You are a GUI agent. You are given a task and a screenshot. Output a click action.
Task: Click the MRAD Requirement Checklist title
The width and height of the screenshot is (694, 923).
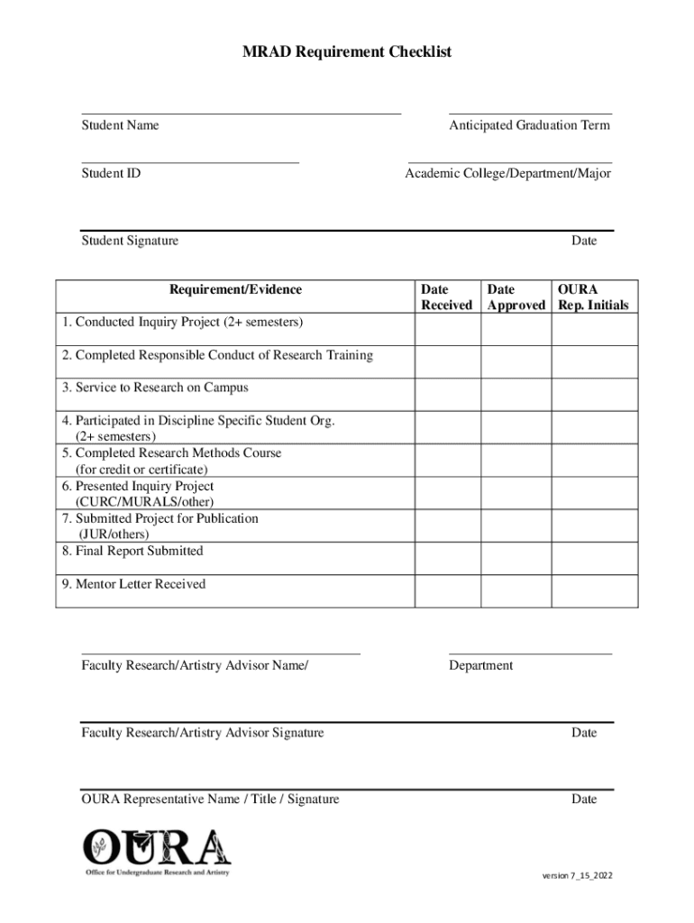click(x=347, y=52)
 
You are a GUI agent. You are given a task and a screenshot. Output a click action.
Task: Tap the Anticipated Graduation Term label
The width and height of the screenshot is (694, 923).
click(x=529, y=125)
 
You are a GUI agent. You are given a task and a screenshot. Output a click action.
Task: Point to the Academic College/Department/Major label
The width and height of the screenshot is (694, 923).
click(x=507, y=173)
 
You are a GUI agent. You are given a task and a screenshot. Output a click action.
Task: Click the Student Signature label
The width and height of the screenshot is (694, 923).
click(x=130, y=241)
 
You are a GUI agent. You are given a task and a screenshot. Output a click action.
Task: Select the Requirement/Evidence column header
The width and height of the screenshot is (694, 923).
click(x=235, y=289)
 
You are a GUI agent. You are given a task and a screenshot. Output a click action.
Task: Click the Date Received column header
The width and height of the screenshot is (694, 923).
click(x=446, y=297)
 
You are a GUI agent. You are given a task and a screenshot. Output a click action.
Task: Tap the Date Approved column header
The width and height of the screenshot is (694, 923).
click(x=516, y=297)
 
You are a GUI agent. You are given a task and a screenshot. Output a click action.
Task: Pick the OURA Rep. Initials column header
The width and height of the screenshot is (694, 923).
click(x=593, y=297)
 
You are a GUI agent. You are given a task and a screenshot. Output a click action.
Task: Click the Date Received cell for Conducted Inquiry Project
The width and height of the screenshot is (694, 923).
click(x=447, y=330)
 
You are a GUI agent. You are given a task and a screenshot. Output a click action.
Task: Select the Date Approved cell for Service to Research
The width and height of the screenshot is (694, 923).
click(x=516, y=395)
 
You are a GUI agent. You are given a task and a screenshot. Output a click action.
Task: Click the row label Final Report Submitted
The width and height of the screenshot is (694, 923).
click(x=132, y=551)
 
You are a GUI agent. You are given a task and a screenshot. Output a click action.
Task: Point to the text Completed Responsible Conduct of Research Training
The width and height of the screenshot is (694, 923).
click(x=217, y=355)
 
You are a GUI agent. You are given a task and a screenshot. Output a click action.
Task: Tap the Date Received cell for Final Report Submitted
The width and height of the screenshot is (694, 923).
click(x=447, y=558)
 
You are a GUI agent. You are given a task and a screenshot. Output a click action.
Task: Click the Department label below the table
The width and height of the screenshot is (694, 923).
click(x=480, y=666)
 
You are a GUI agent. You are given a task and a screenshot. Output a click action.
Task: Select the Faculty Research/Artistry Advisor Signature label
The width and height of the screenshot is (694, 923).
click(x=203, y=733)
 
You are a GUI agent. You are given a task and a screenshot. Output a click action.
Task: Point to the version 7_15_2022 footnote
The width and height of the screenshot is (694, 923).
click(x=576, y=876)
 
